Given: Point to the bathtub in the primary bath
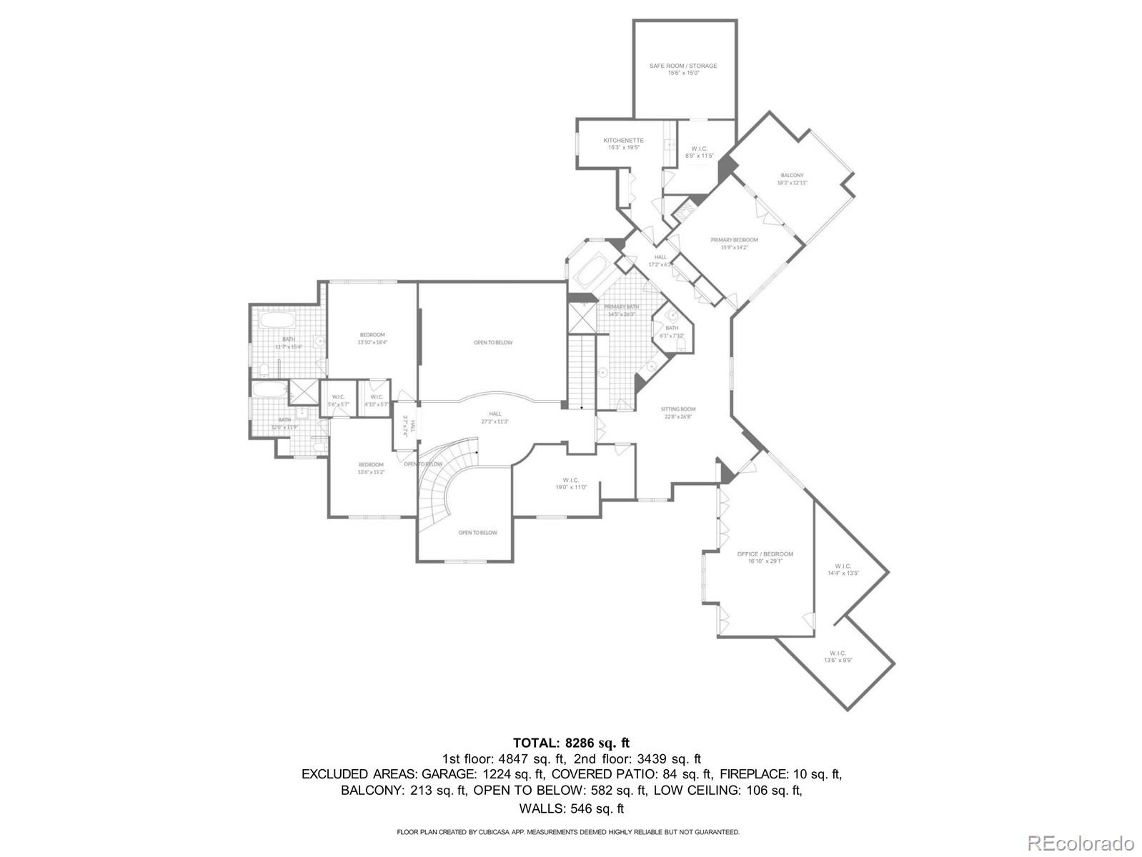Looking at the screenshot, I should tap(590, 273).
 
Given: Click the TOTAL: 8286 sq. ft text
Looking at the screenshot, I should tap(571, 743).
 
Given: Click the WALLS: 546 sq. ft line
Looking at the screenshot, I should tap(571, 808).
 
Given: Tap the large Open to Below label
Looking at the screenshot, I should tap(492, 343).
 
